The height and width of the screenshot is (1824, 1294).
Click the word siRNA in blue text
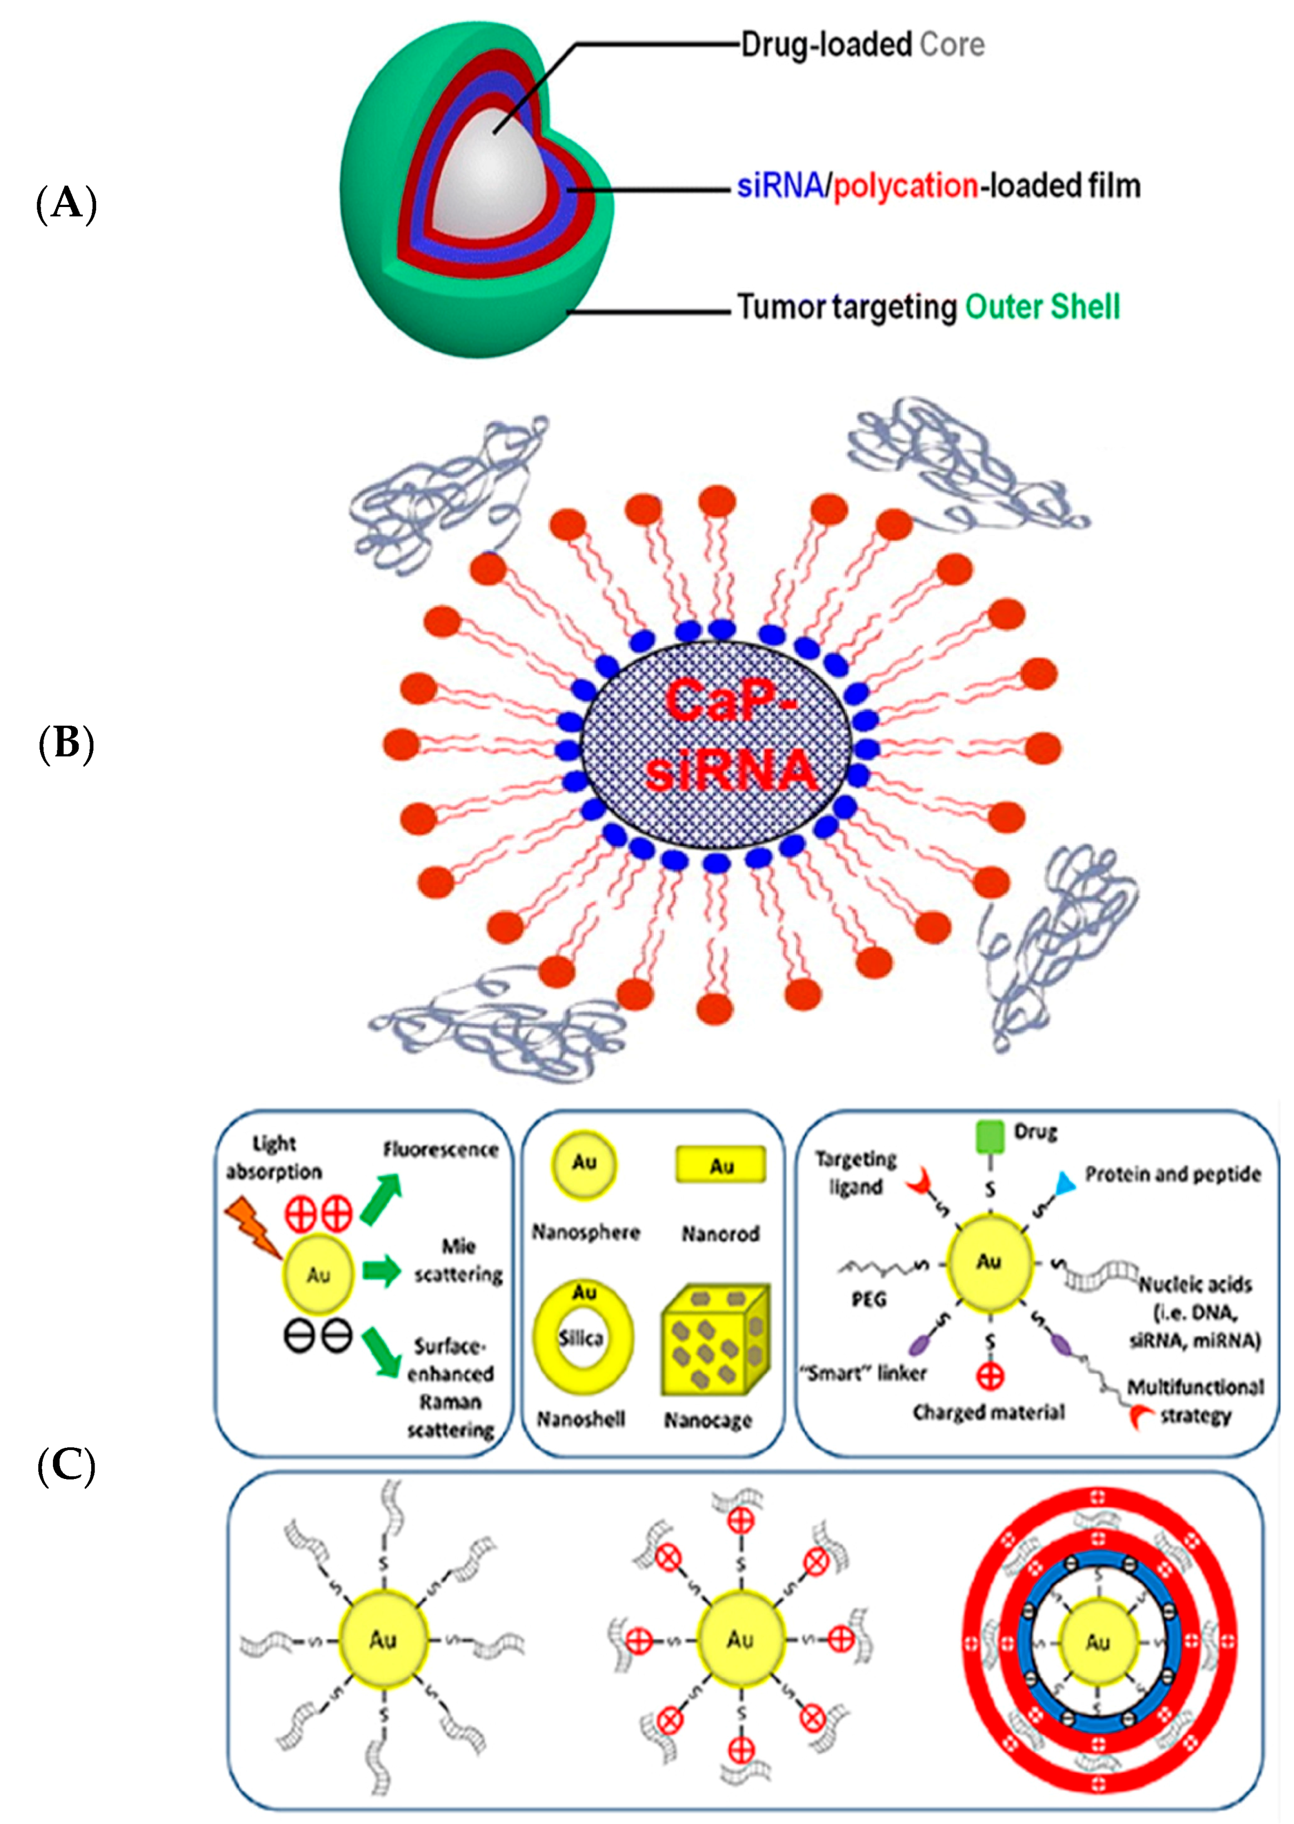(x=779, y=186)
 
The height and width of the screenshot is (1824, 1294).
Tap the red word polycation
(x=905, y=186)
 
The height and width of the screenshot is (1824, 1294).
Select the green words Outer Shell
(x=1042, y=306)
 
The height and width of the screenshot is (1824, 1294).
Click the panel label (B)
(x=67, y=743)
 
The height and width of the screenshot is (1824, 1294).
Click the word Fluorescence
(x=441, y=1149)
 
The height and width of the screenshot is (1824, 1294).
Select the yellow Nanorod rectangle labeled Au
(x=720, y=1165)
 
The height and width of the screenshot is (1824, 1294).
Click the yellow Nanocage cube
(x=715, y=1341)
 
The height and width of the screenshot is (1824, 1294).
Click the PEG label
(x=868, y=1300)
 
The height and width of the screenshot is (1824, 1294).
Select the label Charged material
(x=988, y=1413)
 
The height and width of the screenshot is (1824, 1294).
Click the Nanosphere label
(x=586, y=1232)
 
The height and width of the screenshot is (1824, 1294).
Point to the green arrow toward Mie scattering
(x=382, y=1270)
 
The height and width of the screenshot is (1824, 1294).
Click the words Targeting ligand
(x=856, y=1173)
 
